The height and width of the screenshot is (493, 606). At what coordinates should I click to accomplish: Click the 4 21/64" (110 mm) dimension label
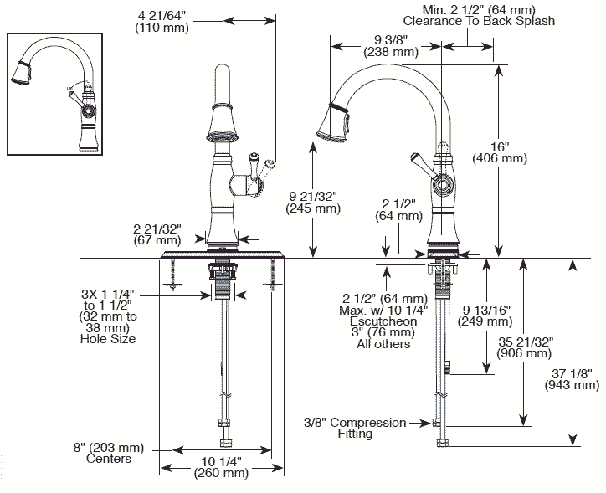168,21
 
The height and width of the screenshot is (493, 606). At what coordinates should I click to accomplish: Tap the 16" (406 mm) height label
500,151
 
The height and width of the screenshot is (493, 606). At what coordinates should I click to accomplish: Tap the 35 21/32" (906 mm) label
526,347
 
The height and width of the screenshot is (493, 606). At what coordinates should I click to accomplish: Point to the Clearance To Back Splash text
477,20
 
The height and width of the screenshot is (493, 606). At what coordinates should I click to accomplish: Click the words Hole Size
108,339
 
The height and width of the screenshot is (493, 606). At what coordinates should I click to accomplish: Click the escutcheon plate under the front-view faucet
222,254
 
